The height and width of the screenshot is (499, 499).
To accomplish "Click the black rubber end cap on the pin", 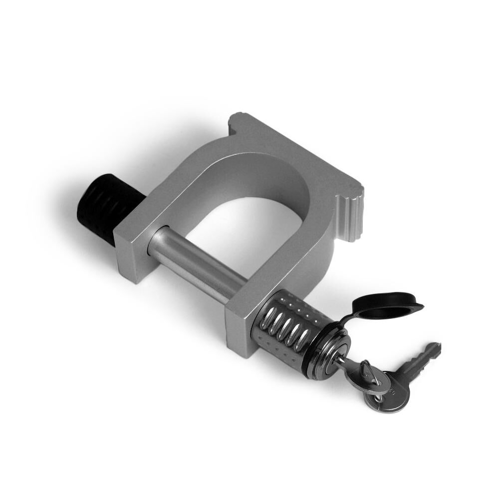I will tap(102, 207).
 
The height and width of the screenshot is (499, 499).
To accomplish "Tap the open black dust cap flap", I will tap(387, 306).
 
